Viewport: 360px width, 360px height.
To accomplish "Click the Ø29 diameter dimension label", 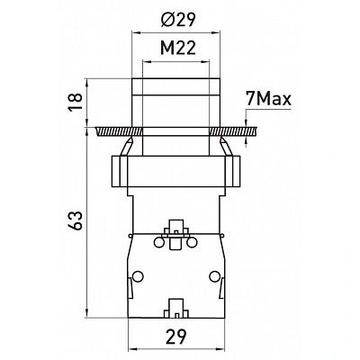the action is [x=178, y=20].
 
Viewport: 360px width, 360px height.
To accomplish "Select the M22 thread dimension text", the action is [x=178, y=48].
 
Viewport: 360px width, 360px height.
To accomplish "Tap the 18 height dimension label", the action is [x=75, y=102].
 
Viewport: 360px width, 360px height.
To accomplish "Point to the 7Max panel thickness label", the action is [x=268, y=99].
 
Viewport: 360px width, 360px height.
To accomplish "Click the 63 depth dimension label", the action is [x=75, y=220].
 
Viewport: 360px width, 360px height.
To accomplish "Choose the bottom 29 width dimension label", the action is [x=176, y=337].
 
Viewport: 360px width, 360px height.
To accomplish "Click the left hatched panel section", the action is [x=119, y=131].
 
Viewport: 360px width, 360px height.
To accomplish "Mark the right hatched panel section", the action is [x=233, y=131].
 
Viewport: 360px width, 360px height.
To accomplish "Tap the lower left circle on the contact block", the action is [x=138, y=276].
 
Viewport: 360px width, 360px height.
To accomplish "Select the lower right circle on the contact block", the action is [x=214, y=276].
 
